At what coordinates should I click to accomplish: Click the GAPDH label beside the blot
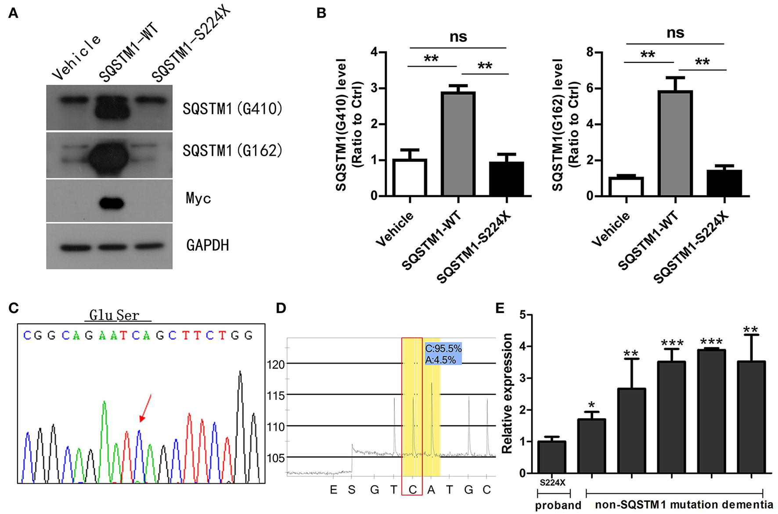[x=207, y=245]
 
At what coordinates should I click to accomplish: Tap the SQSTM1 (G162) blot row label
[x=232, y=151]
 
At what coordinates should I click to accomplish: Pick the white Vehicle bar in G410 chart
[x=410, y=177]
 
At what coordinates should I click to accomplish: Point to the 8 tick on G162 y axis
[x=591, y=52]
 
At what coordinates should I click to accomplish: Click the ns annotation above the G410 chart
[x=458, y=37]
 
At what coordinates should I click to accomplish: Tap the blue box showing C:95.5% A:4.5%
[x=443, y=354]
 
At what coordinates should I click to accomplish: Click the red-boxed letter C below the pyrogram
[x=412, y=490]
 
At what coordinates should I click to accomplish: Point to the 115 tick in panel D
[x=275, y=395]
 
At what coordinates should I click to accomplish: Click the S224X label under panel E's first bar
[x=552, y=482]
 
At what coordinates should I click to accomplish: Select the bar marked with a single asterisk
[x=591, y=446]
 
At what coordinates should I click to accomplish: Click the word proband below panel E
[x=558, y=505]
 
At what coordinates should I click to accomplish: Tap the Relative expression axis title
[x=507, y=393]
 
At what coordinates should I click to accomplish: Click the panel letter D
[x=281, y=308]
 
